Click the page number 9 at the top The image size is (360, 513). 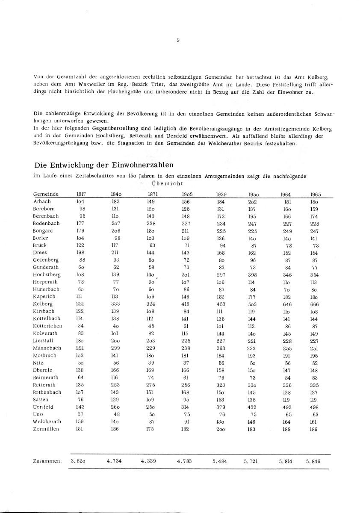177,40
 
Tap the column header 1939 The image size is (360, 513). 221,195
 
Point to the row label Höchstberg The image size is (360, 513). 46,274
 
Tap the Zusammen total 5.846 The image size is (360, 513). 314,461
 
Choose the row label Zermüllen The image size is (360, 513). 45,429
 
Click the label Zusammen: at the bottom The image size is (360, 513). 47,461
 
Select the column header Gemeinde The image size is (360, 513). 46,195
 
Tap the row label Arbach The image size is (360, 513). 41,201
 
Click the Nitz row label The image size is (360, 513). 38,363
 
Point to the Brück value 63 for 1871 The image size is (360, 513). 150,245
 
